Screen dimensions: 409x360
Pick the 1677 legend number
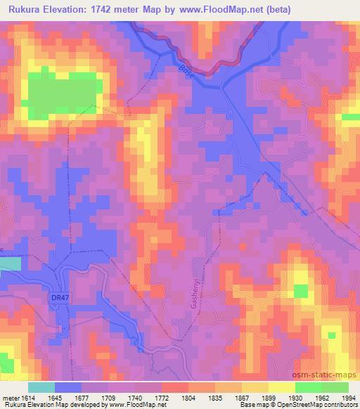pyautogui.click(x=82, y=397)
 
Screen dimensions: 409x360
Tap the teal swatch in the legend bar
pyautogui.click(x=41, y=387)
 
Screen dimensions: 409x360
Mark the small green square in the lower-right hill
pyautogui.click(x=301, y=291)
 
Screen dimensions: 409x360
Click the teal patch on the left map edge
pyautogui.click(x=10, y=264)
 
